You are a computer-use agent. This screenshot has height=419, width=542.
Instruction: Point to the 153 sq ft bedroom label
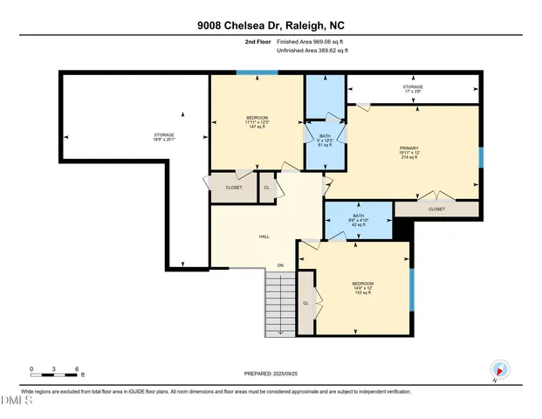click(x=363, y=288)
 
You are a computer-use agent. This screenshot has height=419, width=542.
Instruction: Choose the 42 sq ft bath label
click(x=358, y=220)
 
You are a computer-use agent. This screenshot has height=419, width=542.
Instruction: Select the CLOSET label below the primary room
click(x=436, y=209)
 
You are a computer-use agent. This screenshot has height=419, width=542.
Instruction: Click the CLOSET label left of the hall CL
click(x=234, y=188)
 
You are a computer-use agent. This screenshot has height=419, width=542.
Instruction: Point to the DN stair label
click(x=280, y=264)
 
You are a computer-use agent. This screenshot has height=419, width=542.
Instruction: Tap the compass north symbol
click(x=498, y=370)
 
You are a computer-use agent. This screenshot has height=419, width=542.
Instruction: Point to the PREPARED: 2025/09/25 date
click(x=270, y=374)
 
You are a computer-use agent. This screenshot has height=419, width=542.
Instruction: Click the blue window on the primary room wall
click(x=480, y=157)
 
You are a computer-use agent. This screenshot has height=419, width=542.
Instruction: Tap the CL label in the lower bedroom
click(x=305, y=303)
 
